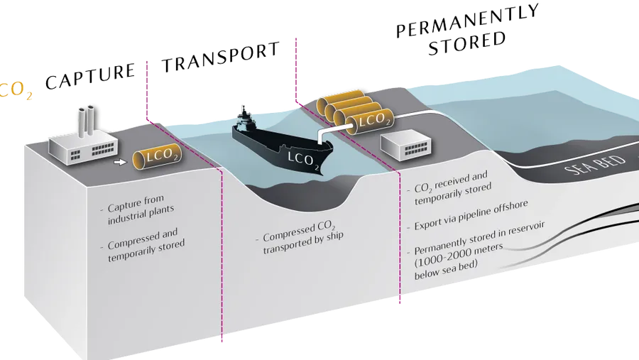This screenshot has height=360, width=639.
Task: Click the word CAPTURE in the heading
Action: coord(90,76)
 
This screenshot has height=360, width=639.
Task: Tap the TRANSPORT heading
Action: coord(221,58)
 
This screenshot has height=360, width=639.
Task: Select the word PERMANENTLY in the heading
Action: coord(468,21)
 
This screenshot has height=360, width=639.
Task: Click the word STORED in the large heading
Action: coord(467,43)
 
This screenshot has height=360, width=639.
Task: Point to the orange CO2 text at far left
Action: coord(16,90)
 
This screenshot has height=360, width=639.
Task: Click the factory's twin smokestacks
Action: coord(87,121)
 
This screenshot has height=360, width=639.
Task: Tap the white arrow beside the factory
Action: coord(120,163)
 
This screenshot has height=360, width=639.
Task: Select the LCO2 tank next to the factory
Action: coord(157,156)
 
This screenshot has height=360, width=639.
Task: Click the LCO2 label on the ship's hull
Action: coord(302,161)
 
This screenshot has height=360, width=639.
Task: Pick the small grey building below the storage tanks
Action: coord(405,145)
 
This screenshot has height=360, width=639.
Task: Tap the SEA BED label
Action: coord(595,165)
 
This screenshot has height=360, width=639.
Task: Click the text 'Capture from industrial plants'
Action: coord(138,209)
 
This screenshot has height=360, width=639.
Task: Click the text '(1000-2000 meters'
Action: coord(459,255)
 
